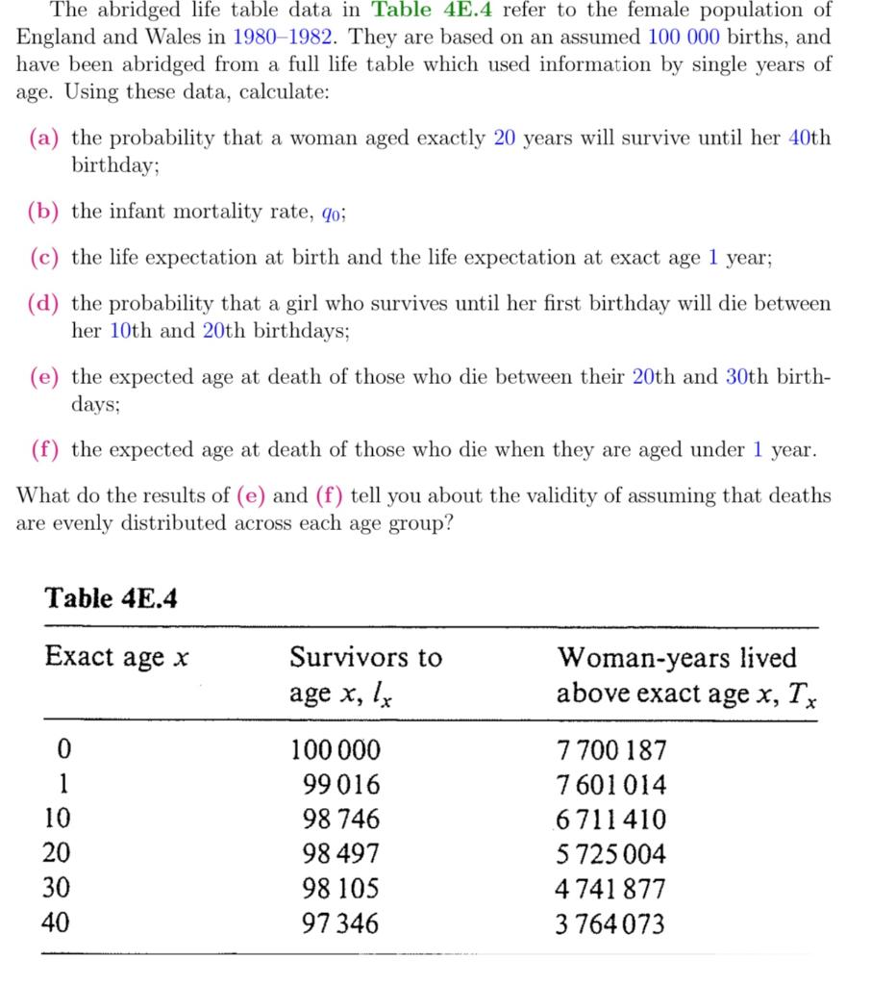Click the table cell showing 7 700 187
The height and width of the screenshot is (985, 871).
[611, 750]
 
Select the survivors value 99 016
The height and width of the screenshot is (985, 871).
[341, 785]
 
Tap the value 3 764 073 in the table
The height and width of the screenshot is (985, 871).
[611, 924]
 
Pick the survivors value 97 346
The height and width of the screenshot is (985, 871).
[341, 924]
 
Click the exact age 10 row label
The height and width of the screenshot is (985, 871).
[57, 820]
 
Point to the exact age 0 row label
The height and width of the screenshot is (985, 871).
[63, 750]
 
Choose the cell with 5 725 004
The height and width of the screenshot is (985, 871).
[611, 854]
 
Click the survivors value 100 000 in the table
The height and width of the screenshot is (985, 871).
[336, 750]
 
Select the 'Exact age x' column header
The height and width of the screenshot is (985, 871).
[116, 658]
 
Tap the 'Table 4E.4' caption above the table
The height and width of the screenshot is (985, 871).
[111, 598]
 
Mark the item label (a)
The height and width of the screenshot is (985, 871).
[44, 138]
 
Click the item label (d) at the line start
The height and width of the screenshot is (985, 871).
[44, 304]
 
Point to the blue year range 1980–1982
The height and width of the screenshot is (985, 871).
[285, 38]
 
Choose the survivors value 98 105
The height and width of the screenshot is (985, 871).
[341, 889]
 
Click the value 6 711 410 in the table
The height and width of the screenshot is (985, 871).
[611, 820]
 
